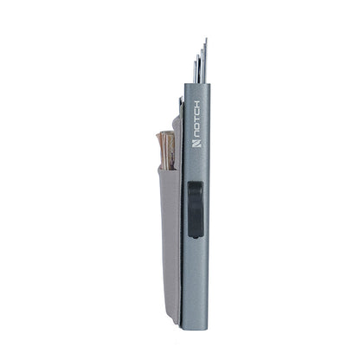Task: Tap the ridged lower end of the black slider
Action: click(196, 227)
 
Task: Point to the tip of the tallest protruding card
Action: click(205, 40)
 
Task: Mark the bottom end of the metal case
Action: click(194, 319)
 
